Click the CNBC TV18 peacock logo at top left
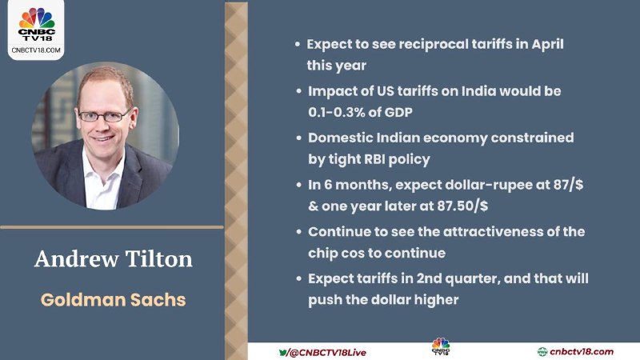37,24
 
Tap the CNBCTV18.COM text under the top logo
36,50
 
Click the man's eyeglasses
105,116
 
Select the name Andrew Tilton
113,259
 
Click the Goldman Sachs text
113,299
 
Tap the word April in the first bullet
547,45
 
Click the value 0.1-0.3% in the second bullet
337,112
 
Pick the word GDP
398,112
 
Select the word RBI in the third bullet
374,158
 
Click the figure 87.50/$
462,206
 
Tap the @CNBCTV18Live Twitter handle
327,353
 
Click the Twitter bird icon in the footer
282,352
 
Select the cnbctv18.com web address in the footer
582,351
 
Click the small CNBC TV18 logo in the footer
441,346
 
